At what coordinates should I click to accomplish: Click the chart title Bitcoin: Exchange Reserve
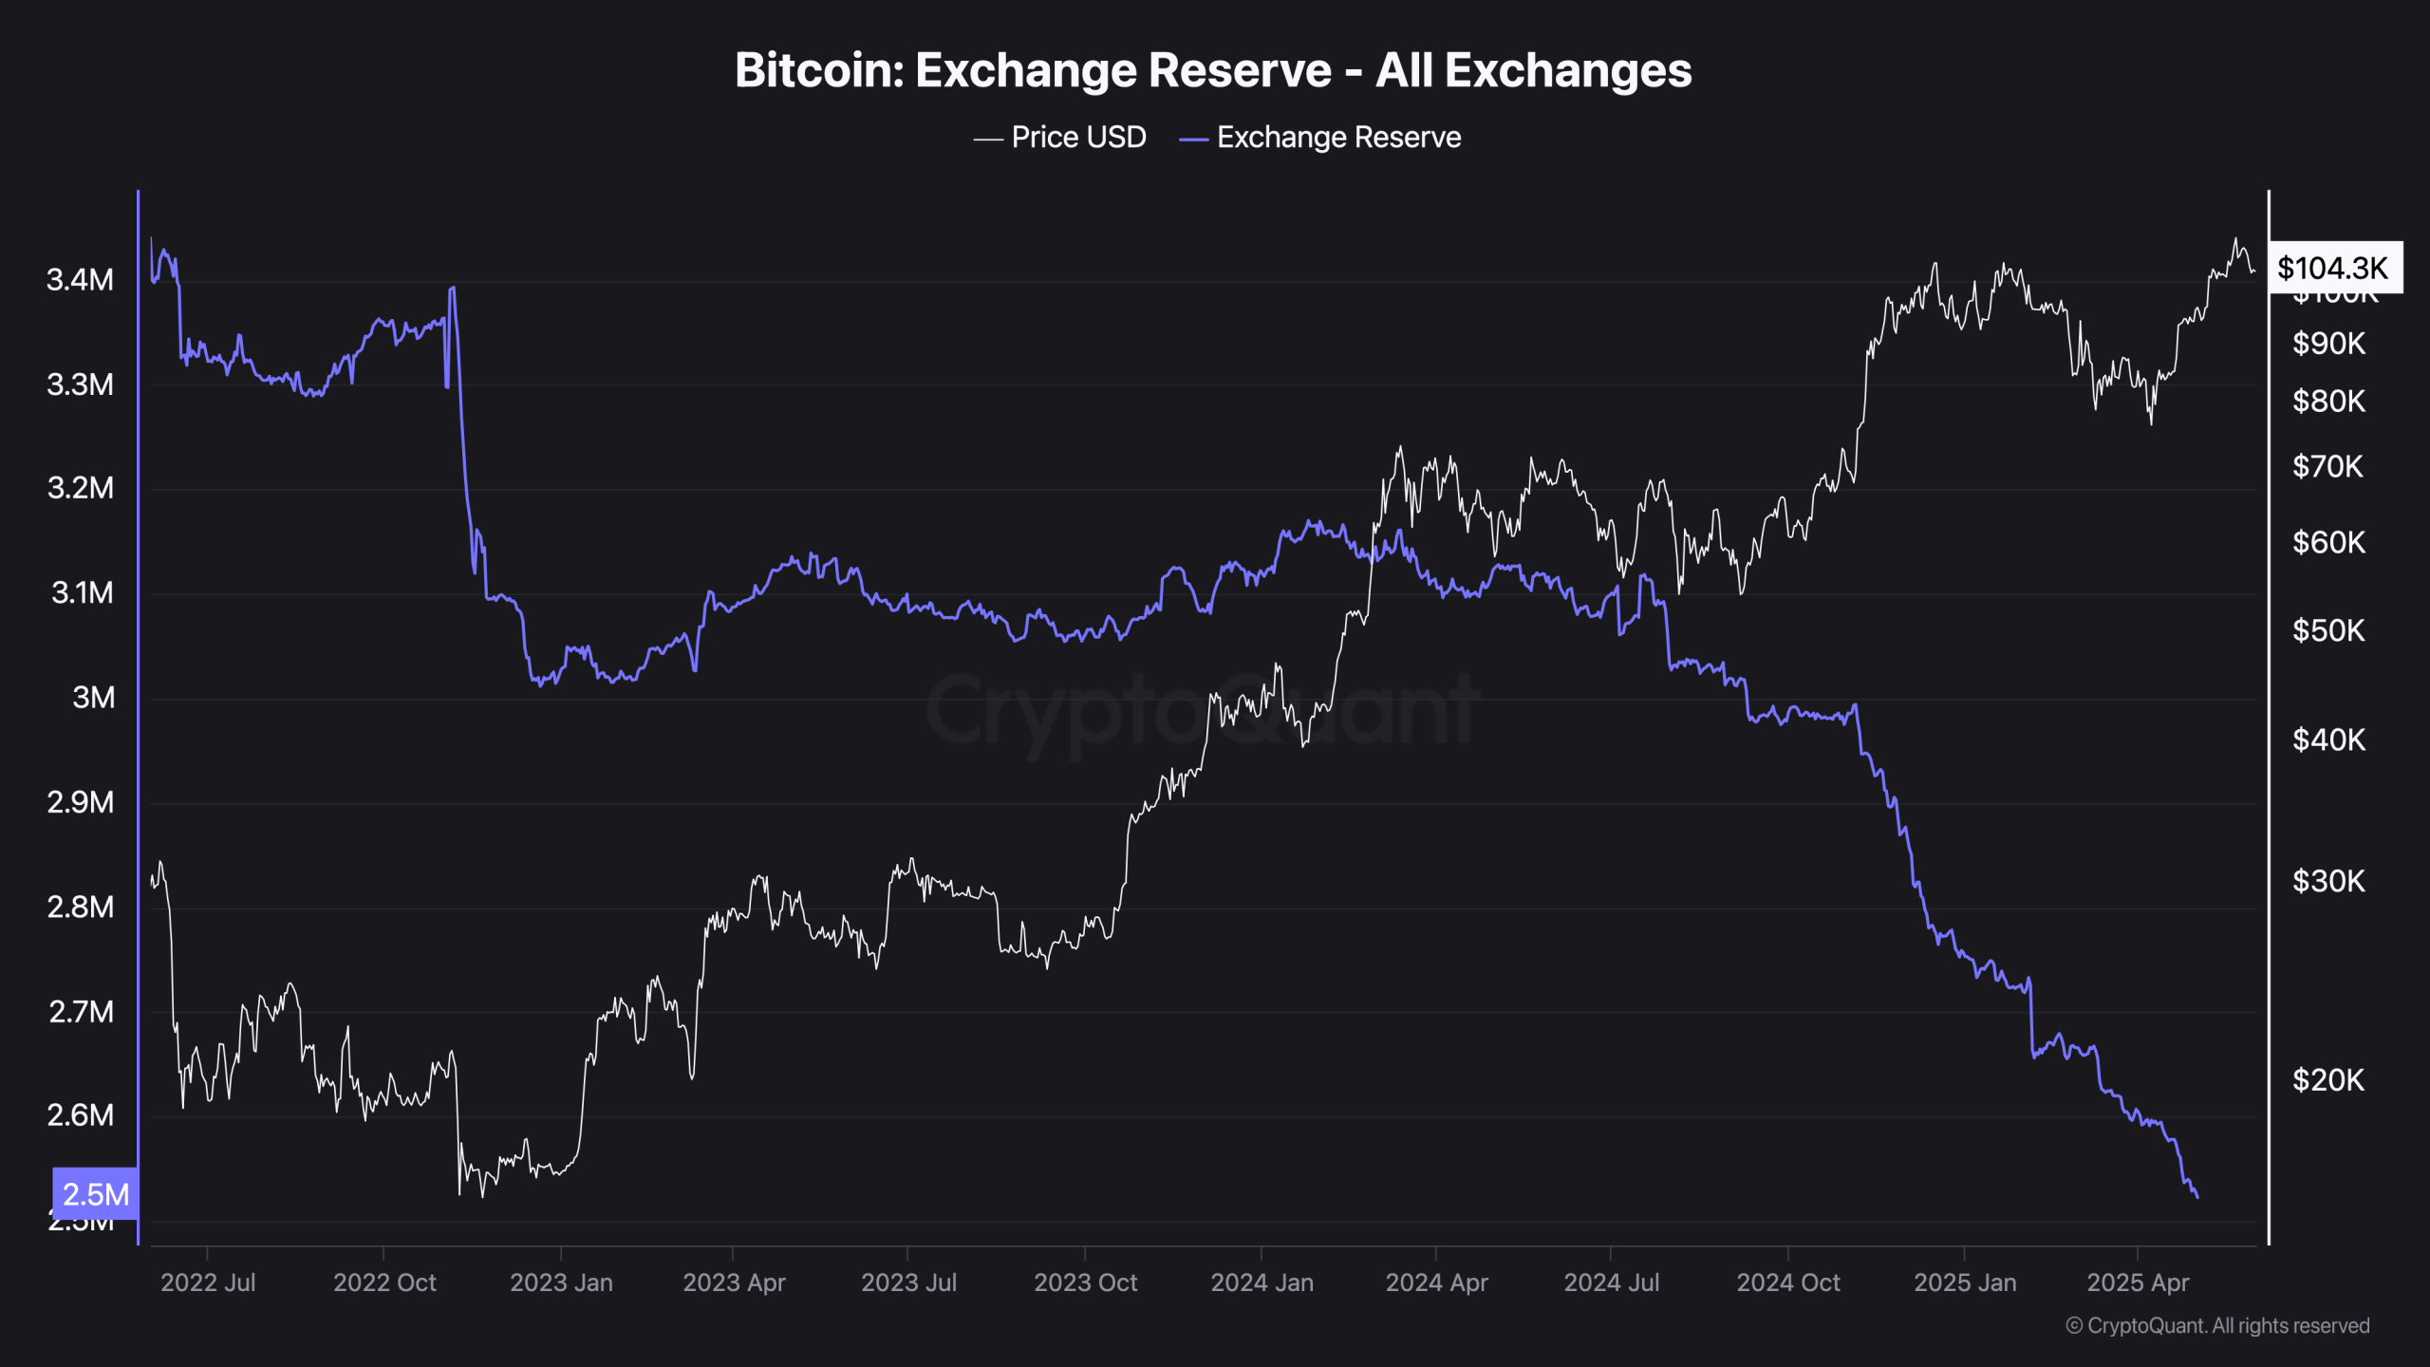1212,70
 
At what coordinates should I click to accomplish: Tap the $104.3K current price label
2333,269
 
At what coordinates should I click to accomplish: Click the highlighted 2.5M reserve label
95,1194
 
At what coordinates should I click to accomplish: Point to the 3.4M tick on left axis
81,280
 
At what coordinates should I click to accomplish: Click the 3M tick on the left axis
93,698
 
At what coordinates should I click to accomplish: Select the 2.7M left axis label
81,1012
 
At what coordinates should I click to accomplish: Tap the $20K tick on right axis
2328,1080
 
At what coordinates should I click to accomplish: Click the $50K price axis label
2328,630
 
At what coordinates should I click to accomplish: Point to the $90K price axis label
2328,344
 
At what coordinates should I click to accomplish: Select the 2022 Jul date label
208,1283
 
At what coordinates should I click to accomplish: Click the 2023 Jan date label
561,1283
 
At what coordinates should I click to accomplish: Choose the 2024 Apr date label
1436,1283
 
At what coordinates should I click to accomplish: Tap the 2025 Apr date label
2138,1283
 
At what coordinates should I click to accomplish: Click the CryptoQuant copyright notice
2217,1326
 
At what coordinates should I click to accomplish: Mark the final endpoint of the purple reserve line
2197,1197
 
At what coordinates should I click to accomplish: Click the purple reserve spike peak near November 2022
453,287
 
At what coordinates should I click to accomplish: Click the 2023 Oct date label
1085,1283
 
